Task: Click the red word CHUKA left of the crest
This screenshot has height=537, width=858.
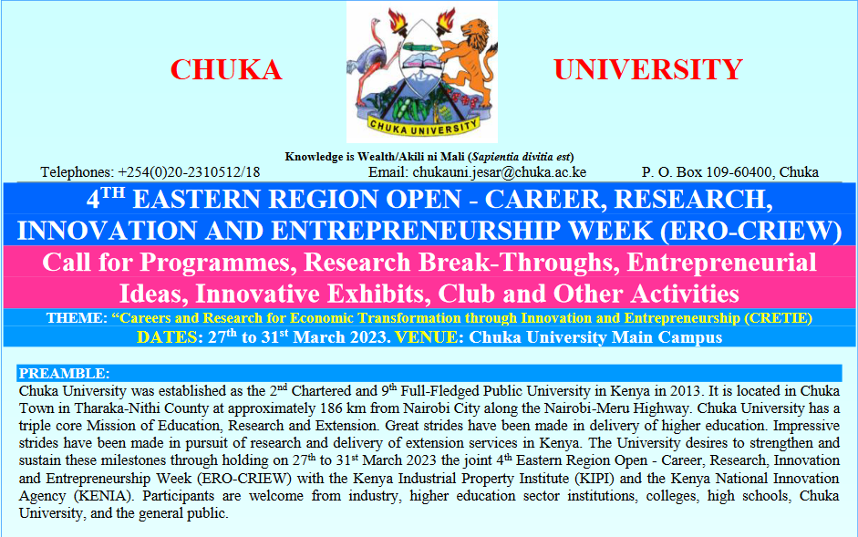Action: click(226, 69)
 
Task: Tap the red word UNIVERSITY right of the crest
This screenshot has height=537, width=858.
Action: click(648, 69)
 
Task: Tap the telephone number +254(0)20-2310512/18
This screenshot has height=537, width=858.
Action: click(188, 171)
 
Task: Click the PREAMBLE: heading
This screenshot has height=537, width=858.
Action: click(64, 374)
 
